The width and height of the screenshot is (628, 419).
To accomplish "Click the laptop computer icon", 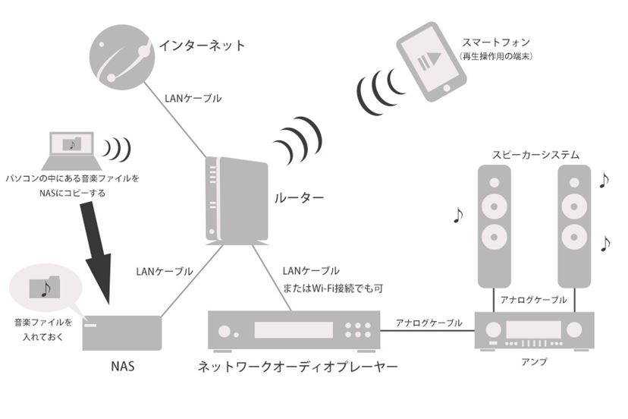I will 72,151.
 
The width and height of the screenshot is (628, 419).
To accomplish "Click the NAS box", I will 122,332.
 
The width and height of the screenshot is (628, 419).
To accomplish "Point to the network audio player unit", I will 293,329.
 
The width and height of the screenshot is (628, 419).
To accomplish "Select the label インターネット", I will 202,46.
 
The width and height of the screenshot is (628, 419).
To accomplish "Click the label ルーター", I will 298,199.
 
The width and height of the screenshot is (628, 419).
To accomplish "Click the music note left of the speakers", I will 457,216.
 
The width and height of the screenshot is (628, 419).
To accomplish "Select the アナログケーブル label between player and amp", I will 429,323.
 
